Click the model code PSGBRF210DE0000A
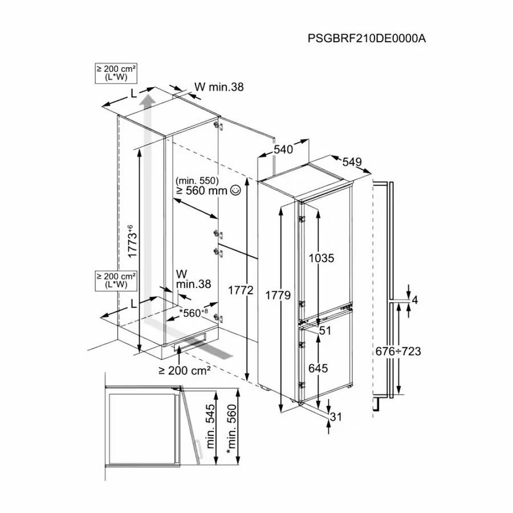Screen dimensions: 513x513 (x=367, y=38)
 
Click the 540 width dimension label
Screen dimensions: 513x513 (x=283, y=149)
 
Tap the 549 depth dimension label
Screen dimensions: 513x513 (x=352, y=162)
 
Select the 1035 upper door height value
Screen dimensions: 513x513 (x=321, y=258)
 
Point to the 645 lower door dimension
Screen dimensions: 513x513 (x=318, y=368)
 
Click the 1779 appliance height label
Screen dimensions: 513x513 (x=278, y=295)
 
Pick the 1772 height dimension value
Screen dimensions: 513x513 (x=241, y=290)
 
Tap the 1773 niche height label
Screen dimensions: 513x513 (x=132, y=241)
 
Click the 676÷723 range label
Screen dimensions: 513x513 (x=398, y=351)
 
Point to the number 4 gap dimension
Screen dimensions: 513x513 (x=415, y=300)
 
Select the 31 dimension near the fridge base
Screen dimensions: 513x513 (x=336, y=417)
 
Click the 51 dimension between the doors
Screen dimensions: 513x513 (x=325, y=331)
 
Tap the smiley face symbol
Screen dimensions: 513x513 (x=235, y=190)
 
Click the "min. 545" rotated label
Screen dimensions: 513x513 (x=211, y=426)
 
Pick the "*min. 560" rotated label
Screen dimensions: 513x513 (x=231, y=429)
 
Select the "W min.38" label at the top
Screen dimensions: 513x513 (x=219, y=87)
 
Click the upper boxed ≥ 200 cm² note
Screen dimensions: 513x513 (x=116, y=73)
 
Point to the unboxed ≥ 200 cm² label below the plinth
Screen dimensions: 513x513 (x=185, y=370)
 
